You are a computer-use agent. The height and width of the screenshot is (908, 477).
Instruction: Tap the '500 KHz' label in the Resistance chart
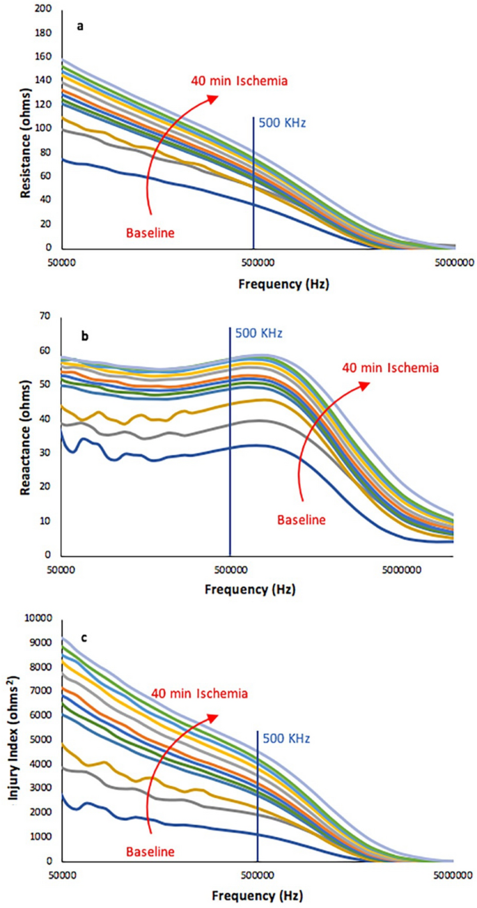click(x=282, y=123)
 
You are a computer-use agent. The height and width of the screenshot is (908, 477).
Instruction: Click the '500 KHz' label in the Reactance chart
click(x=258, y=333)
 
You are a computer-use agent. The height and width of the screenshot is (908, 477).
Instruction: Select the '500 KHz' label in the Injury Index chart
click(x=287, y=737)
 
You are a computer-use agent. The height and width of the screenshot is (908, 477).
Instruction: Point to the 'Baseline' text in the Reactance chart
click(x=301, y=518)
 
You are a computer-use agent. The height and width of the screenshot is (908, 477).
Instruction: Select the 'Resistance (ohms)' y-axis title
click(x=25, y=129)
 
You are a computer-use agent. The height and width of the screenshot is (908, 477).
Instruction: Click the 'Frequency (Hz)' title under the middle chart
click(x=250, y=589)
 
